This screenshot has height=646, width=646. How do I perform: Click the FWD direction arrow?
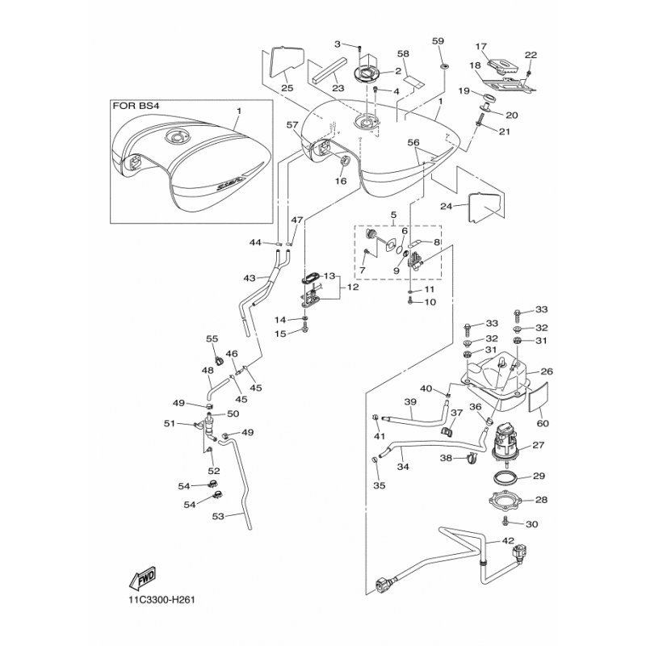[x=141, y=579]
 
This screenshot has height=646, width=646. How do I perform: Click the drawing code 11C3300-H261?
[x=162, y=600]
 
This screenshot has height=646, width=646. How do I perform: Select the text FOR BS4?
[x=137, y=105]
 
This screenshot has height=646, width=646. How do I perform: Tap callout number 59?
[x=438, y=41]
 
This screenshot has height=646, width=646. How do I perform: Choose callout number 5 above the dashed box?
[x=394, y=216]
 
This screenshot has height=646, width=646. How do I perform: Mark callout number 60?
[x=540, y=422]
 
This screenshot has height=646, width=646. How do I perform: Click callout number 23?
[x=338, y=89]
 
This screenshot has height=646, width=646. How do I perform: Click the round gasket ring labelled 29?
[x=506, y=477]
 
